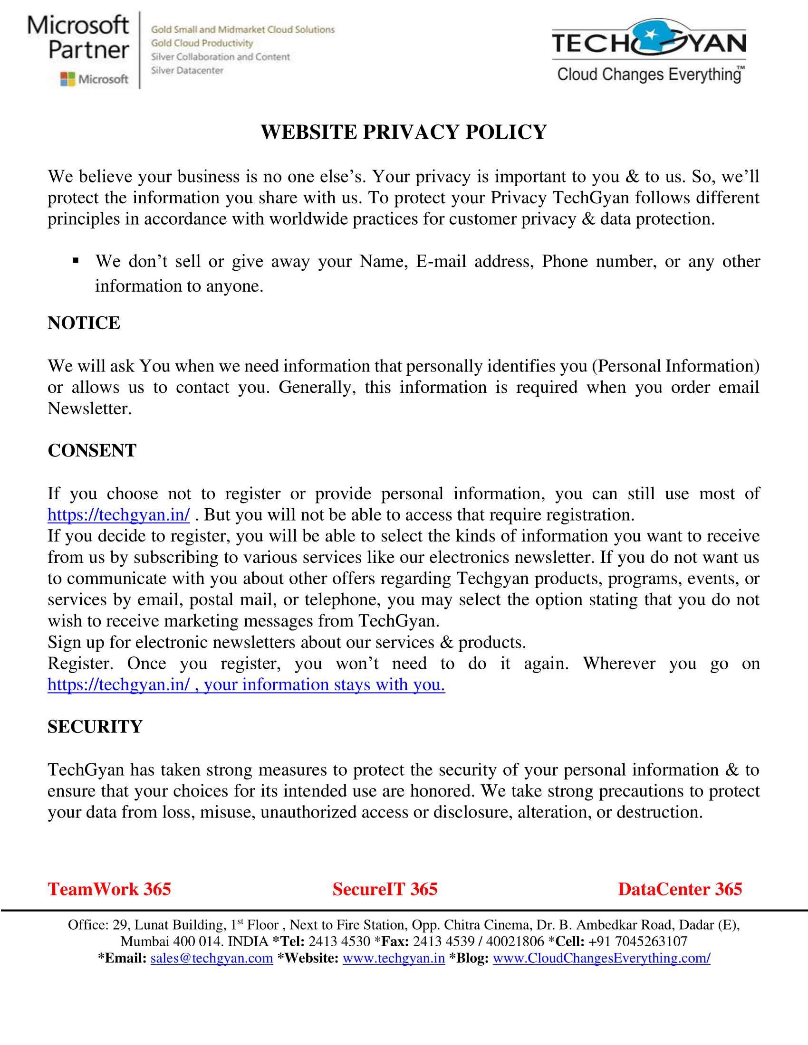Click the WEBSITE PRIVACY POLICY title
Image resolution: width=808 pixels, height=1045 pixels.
tap(404, 132)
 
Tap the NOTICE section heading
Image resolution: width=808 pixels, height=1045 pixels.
tap(84, 323)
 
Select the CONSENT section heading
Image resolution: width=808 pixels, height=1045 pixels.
tap(92, 451)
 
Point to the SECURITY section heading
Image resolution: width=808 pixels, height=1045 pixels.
tap(95, 727)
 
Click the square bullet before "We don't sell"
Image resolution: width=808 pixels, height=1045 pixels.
tap(76, 261)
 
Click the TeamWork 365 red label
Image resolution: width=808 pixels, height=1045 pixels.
tap(109, 889)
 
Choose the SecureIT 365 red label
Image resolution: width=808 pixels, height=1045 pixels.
tap(385, 889)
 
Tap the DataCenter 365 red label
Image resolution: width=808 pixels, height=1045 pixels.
tap(680, 889)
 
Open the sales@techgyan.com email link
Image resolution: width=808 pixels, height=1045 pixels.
tap(212, 959)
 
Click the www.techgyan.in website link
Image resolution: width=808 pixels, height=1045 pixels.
tap(394, 959)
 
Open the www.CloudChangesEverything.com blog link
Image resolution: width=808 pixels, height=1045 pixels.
tap(601, 959)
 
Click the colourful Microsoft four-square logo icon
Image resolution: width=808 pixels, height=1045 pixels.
tap(67, 79)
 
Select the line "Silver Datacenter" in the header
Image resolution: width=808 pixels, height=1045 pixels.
tap(187, 71)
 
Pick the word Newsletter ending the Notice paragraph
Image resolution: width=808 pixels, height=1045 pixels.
tap(89, 408)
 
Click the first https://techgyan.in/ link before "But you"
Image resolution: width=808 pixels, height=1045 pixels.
tap(119, 515)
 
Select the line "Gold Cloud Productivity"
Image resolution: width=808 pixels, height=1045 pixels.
tap(202, 43)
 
